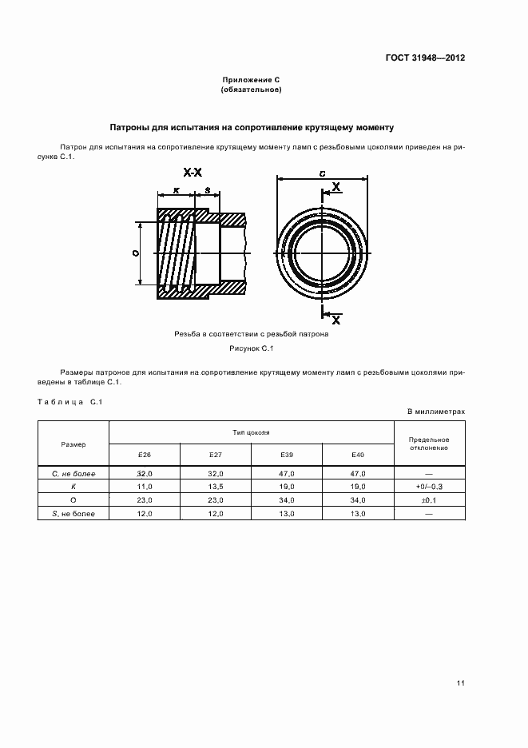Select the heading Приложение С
(251, 81)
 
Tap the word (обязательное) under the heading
(251, 90)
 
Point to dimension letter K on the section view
(175, 190)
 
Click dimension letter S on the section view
(207, 190)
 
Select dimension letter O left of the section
(135, 253)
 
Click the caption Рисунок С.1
(251, 348)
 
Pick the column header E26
(144, 454)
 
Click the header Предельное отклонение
(429, 444)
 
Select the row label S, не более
(73, 513)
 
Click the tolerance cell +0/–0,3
(429, 487)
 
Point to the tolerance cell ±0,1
(429, 499)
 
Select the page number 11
(461, 682)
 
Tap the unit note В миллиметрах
(436, 411)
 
